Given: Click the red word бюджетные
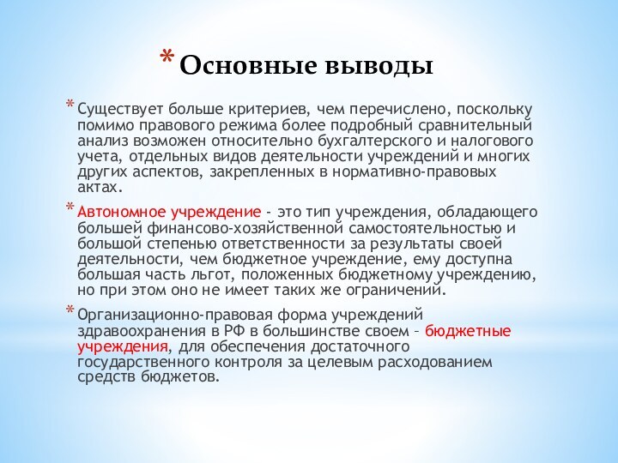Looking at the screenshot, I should coord(468,331).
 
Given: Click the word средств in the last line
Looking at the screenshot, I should coord(104,377).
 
